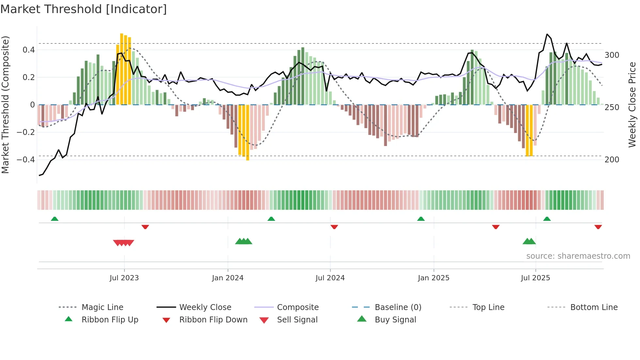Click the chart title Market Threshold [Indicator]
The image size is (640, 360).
click(84, 9)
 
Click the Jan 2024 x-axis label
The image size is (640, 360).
click(228, 278)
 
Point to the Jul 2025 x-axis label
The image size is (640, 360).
click(535, 278)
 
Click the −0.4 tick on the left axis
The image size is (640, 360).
click(26, 159)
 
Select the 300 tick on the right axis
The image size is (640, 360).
click(612, 55)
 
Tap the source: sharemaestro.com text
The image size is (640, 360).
click(578, 256)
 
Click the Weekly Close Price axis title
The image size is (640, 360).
click(632, 105)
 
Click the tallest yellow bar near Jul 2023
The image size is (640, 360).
click(121, 69)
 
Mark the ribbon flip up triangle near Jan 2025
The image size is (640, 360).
click(421, 219)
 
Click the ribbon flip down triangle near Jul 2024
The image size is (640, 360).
click(334, 227)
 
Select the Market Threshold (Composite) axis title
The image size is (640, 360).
click(5, 105)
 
